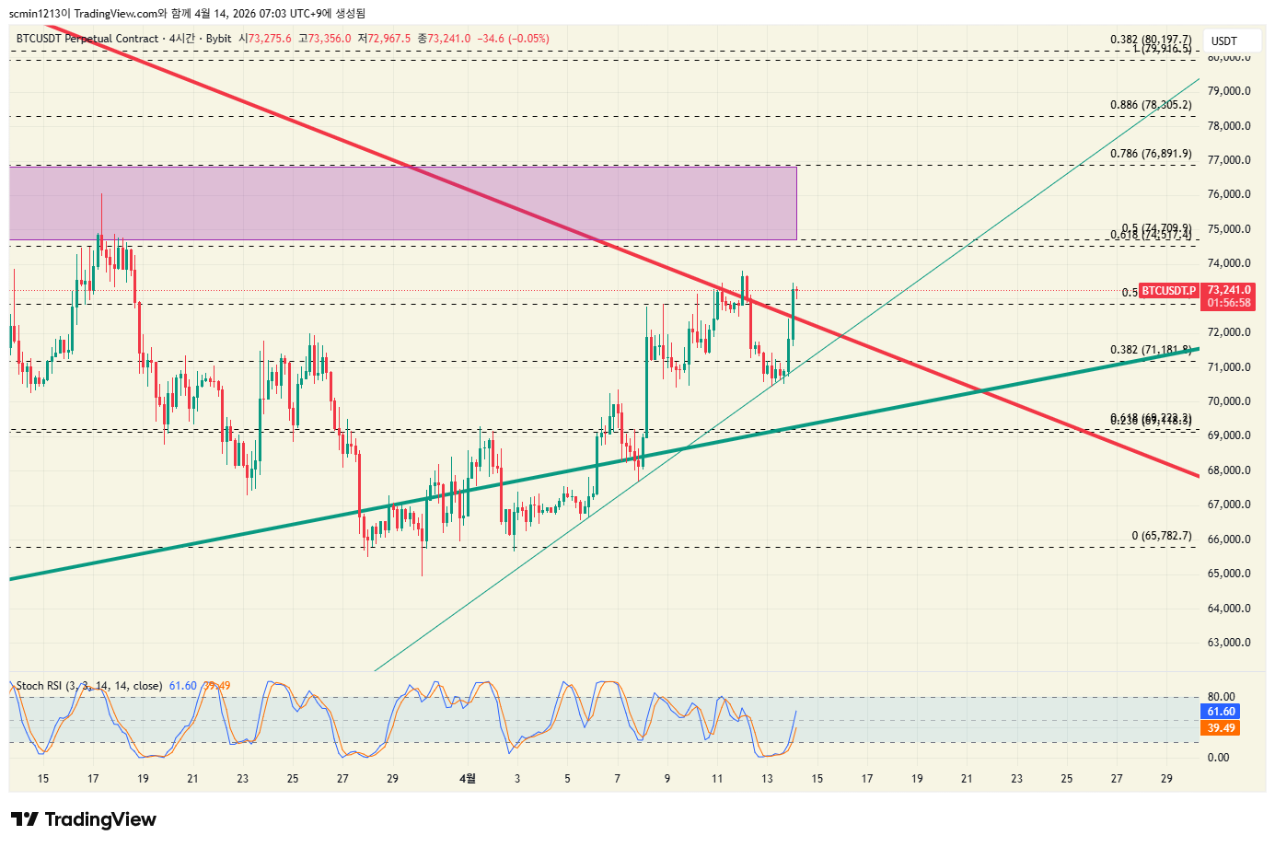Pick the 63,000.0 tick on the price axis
tap(1228, 643)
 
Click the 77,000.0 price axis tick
tap(1228, 160)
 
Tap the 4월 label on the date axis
tap(468, 779)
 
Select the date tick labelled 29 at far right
tap(1166, 779)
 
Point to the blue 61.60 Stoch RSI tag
tap(1222, 712)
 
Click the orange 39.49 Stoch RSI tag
tap(1222, 728)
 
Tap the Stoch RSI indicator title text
tap(88, 686)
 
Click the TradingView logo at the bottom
tap(84, 819)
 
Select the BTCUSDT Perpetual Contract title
tap(87, 39)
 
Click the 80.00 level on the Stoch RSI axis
tap(1221, 697)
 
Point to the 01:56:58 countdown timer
tap(1229, 303)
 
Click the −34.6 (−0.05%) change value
tap(513, 39)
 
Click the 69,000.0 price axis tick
tap(1228, 435)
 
